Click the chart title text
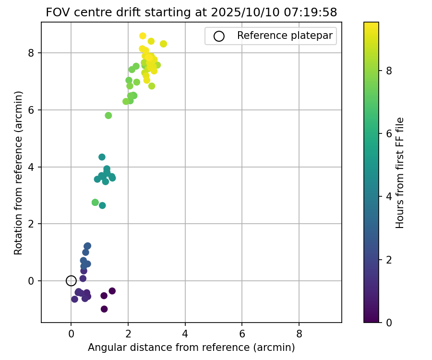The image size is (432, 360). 191,12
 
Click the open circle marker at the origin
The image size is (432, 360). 71,281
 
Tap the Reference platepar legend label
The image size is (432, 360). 285,36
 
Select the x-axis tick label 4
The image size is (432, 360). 185,334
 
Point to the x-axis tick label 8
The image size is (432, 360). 299,334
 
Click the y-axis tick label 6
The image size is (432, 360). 31,110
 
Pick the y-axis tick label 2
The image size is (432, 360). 31,224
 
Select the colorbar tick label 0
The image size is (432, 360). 389,323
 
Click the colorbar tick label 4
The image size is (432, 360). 389,197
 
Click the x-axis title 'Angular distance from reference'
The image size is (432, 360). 191,347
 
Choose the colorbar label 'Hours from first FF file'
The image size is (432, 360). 399,173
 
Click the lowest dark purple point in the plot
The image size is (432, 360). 104,309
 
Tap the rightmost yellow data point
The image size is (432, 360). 163,44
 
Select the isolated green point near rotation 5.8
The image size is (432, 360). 108,116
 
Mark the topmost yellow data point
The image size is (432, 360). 143,36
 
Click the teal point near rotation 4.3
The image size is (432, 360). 102,157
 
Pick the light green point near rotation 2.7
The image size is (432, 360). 95,203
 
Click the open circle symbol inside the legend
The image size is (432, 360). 219,36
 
